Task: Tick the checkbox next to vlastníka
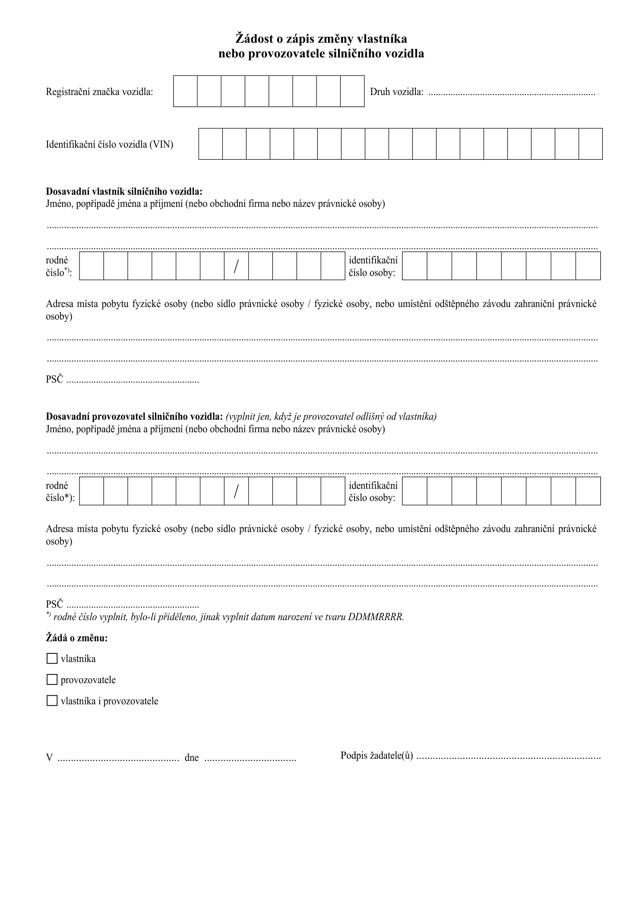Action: tap(52, 659)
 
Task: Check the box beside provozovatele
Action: tap(52, 680)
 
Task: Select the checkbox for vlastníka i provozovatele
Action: tap(52, 700)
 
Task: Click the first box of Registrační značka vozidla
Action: tap(185, 91)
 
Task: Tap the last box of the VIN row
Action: tap(590, 144)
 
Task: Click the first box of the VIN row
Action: tap(211, 144)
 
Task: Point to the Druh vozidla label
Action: tap(396, 92)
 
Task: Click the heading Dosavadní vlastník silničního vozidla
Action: tap(124, 191)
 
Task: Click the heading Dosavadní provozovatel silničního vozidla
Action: tap(134, 417)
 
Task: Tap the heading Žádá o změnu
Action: tap(77, 638)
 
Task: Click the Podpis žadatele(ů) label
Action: tap(377, 756)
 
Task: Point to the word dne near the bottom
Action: tap(191, 757)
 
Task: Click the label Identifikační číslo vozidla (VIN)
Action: tap(109, 145)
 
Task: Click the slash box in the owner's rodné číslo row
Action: tap(236, 266)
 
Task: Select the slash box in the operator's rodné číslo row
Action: tap(236, 491)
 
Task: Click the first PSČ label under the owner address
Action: tap(54, 380)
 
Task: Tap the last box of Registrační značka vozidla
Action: tap(352, 91)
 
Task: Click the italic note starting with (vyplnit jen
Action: tap(331, 417)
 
